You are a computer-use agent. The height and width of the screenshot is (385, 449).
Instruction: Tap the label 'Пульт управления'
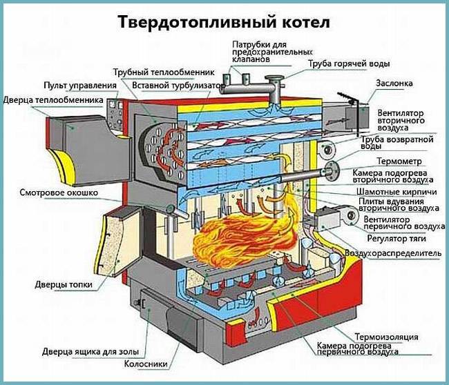tap(75, 85)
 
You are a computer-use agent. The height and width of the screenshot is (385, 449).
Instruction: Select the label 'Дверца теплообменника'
tap(53, 100)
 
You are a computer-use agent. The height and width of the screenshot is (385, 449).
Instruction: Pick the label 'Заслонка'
tap(394, 83)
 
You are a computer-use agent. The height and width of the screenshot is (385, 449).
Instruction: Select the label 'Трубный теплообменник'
tap(163, 71)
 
